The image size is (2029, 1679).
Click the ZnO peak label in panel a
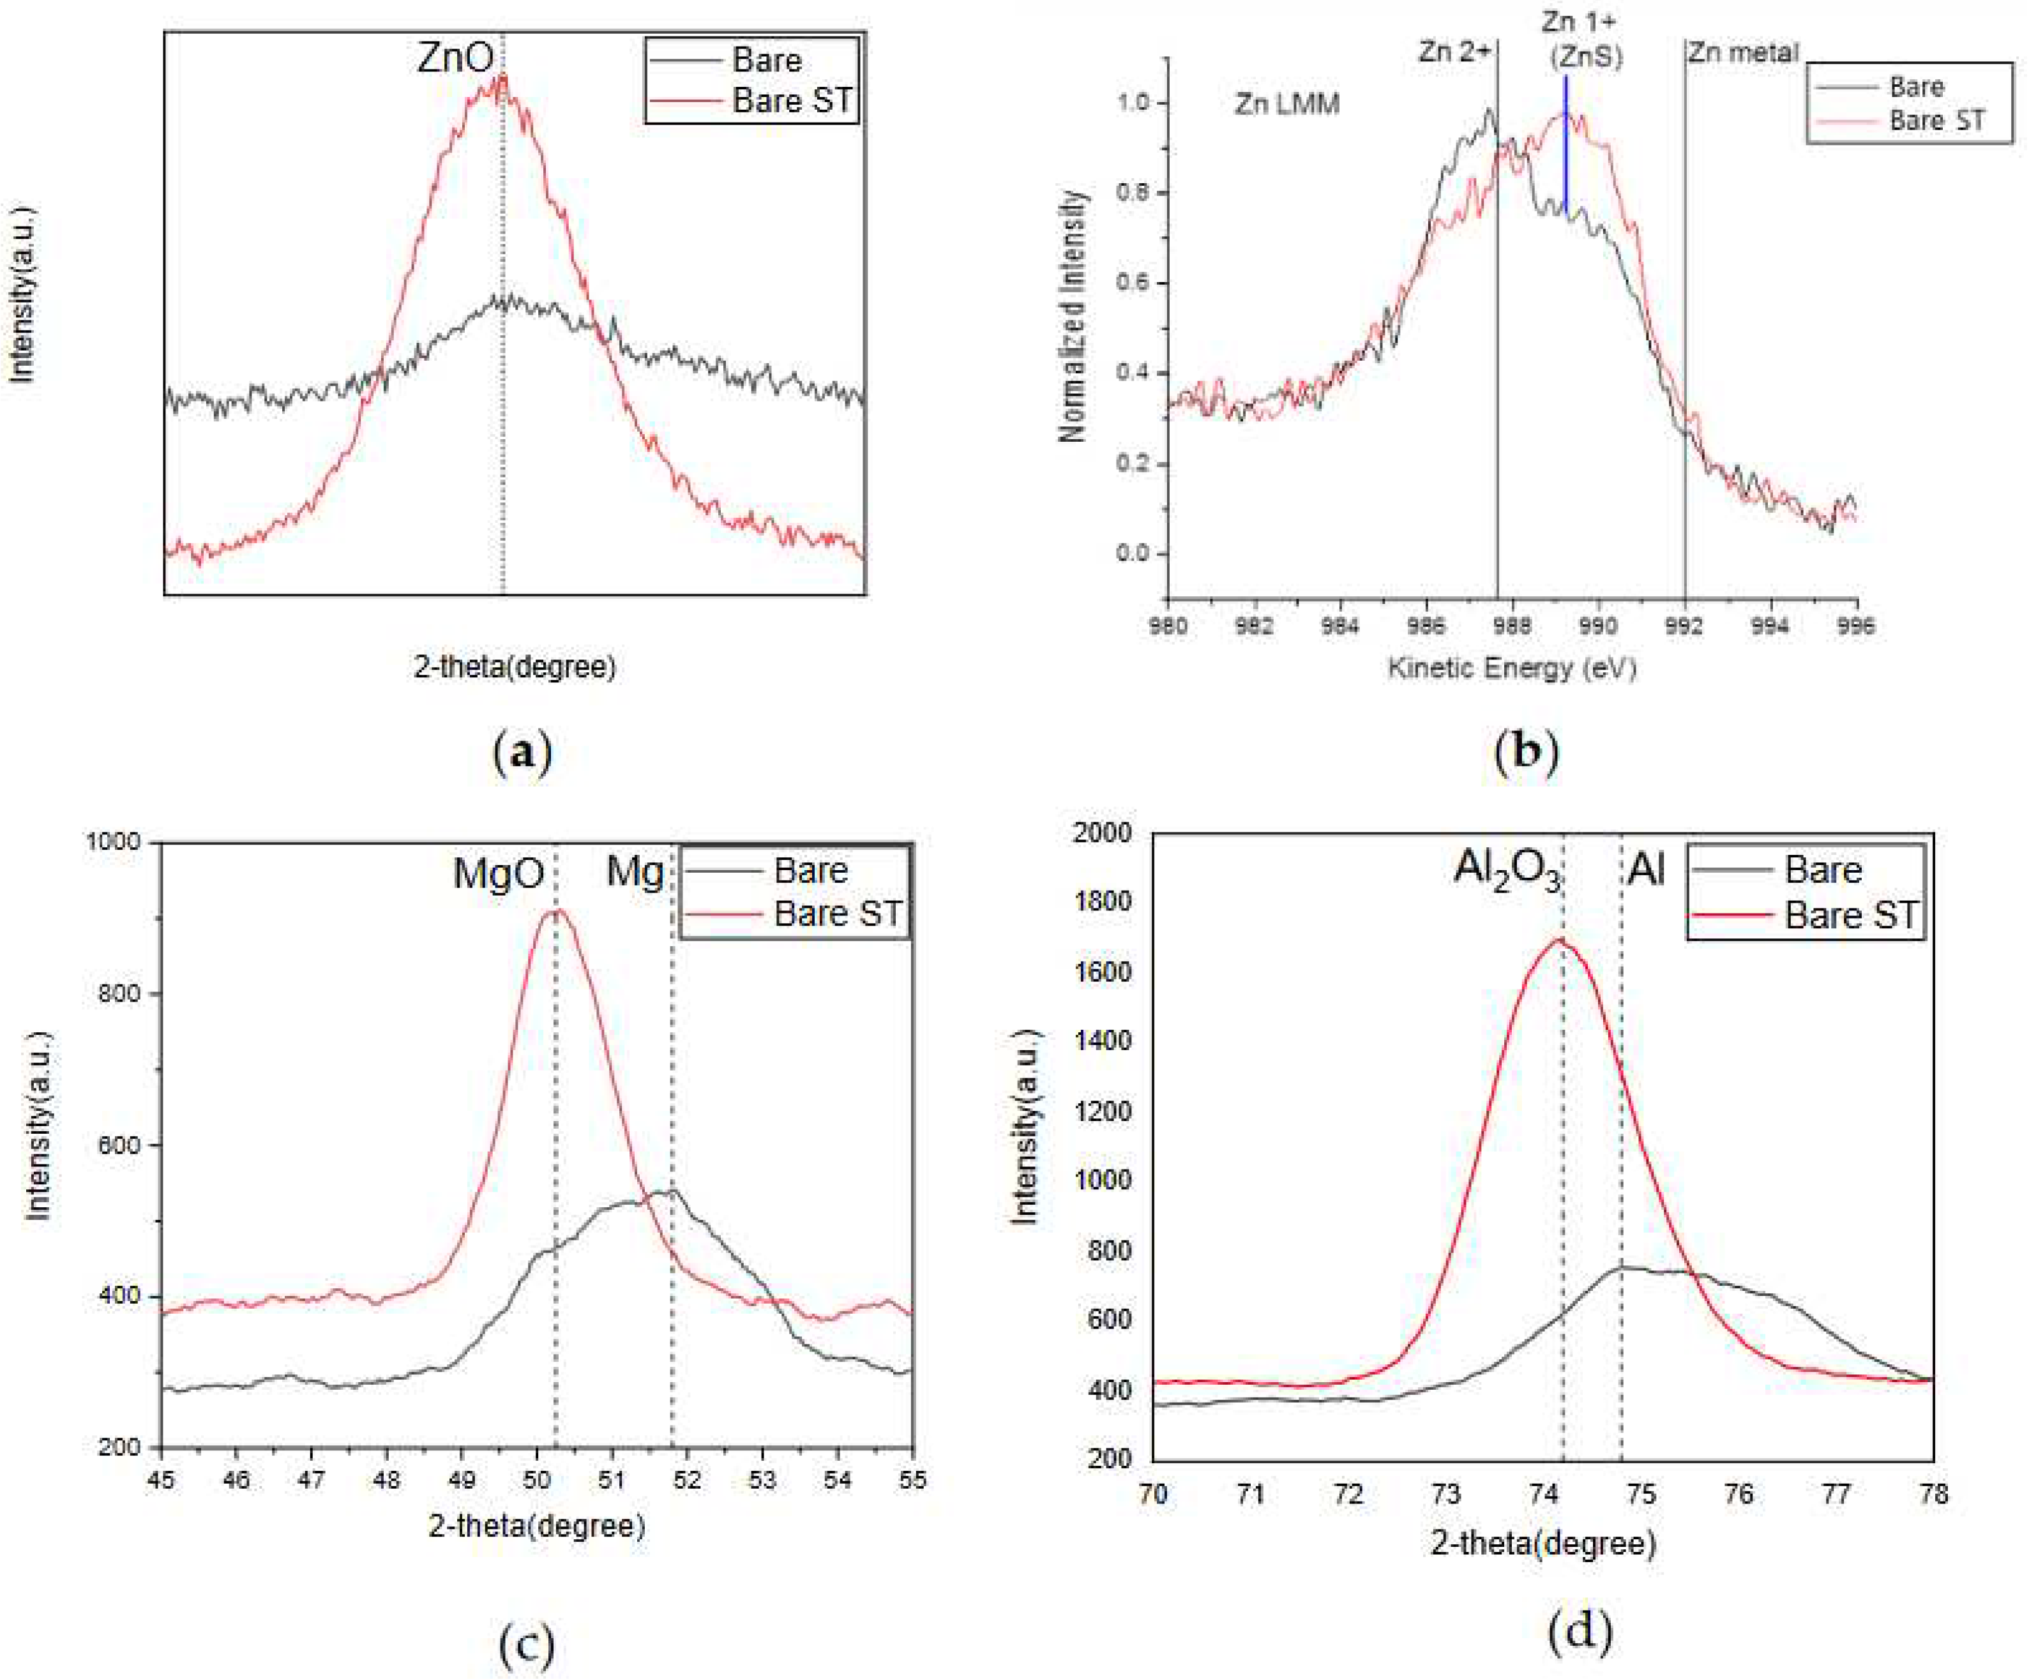pyautogui.click(x=455, y=58)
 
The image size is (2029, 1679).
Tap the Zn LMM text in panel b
pyautogui.click(x=1287, y=103)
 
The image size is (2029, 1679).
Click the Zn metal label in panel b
pyautogui.click(x=1743, y=52)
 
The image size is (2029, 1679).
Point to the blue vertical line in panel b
pyautogui.click(x=1565, y=145)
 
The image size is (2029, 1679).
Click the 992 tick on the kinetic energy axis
pyautogui.click(x=1684, y=626)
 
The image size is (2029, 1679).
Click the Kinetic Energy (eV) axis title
pyautogui.click(x=1512, y=668)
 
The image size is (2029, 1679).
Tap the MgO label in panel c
pyautogui.click(x=499, y=873)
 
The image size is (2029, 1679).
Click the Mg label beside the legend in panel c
pyautogui.click(x=635, y=872)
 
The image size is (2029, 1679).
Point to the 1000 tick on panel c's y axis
pyautogui.click(x=113, y=841)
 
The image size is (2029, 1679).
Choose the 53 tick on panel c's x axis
pyautogui.click(x=762, y=1479)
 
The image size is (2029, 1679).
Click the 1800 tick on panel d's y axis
pyautogui.click(x=1103, y=901)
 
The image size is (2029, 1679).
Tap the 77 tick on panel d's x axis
pyautogui.click(x=1836, y=1493)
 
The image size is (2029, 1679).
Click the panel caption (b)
pyautogui.click(x=1527, y=751)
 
